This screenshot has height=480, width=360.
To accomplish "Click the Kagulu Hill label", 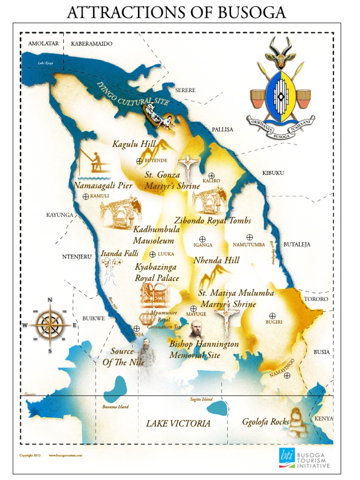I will pos(134,144).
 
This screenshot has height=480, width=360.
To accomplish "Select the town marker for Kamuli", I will pos(86,196).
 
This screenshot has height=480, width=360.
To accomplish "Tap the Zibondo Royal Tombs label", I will pos(212,220).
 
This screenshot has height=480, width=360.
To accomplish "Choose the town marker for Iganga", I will pos(202,239).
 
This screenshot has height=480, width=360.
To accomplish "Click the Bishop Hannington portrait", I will pos(197,330).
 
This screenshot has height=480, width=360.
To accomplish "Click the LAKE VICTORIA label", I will pos(178,423).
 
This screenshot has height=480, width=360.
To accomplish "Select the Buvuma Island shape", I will pos(115,387).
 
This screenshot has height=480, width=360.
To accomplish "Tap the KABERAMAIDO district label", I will pos(92,44).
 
